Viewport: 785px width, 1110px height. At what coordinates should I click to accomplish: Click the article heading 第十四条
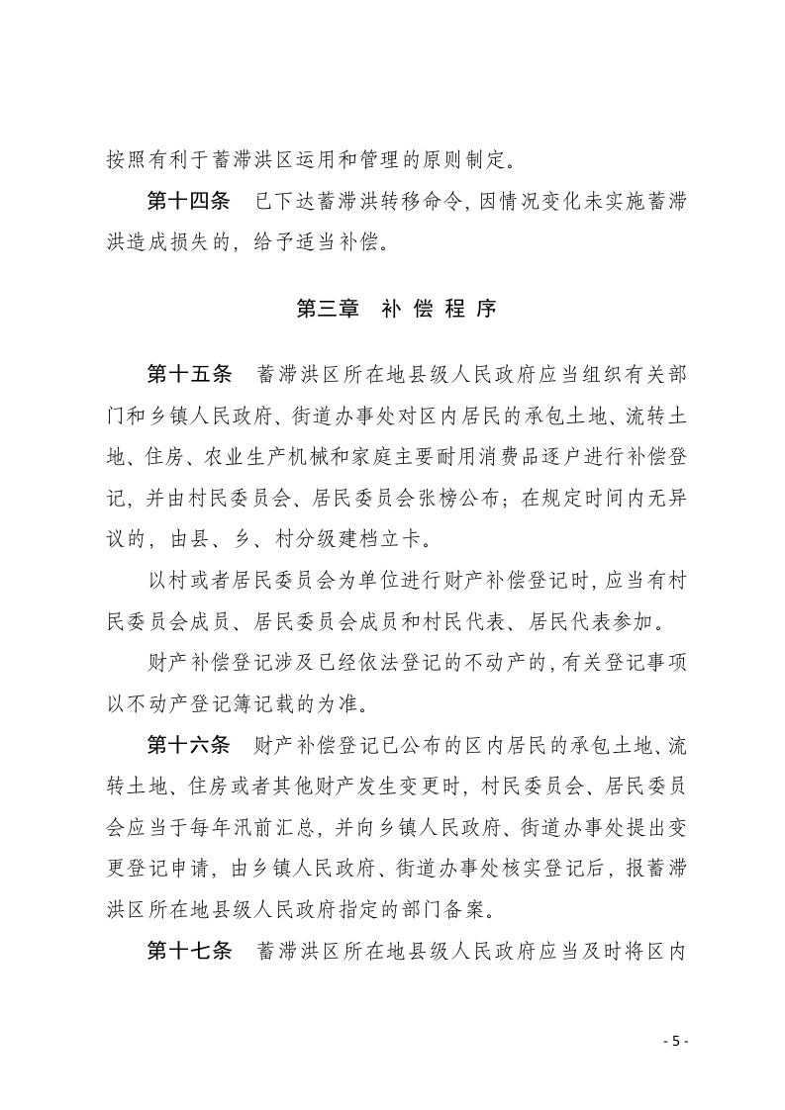pyautogui.click(x=188, y=202)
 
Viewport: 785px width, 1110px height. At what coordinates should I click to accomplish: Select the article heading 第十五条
pyautogui.click(x=188, y=374)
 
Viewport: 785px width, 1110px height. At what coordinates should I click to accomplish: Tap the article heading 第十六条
pyautogui.click(x=188, y=744)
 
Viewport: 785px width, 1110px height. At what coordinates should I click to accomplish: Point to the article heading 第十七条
pyautogui.click(x=188, y=952)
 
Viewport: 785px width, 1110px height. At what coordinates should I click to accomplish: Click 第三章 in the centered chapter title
pyautogui.click(x=329, y=308)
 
